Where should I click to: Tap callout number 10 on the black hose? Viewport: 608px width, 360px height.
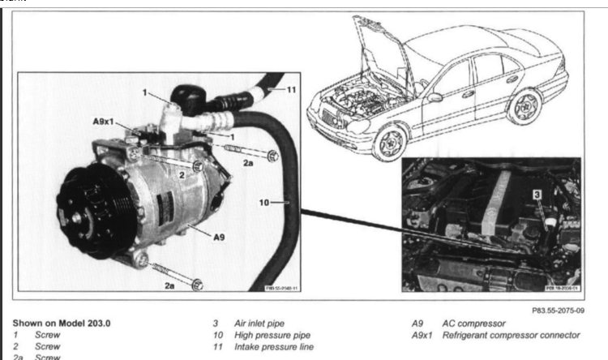(x=263, y=203)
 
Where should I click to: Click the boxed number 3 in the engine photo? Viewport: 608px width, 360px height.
(x=536, y=195)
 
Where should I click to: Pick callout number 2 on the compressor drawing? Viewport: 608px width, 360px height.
(x=183, y=173)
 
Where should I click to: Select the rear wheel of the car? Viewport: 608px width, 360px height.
(x=528, y=103)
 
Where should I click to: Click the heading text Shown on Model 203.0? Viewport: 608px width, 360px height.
(x=61, y=323)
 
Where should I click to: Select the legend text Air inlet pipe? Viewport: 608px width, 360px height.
(x=258, y=323)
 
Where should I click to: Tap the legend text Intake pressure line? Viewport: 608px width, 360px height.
(x=271, y=347)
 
